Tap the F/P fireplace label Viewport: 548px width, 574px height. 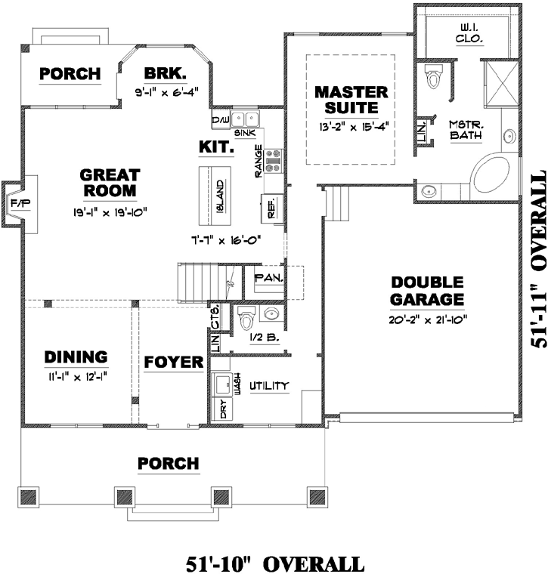coord(17,204)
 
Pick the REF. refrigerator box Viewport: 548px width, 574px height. coord(271,208)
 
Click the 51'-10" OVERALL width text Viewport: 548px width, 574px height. coord(274,563)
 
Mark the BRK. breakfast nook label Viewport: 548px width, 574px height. coord(164,74)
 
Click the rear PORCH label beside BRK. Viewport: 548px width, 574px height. coord(70,74)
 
